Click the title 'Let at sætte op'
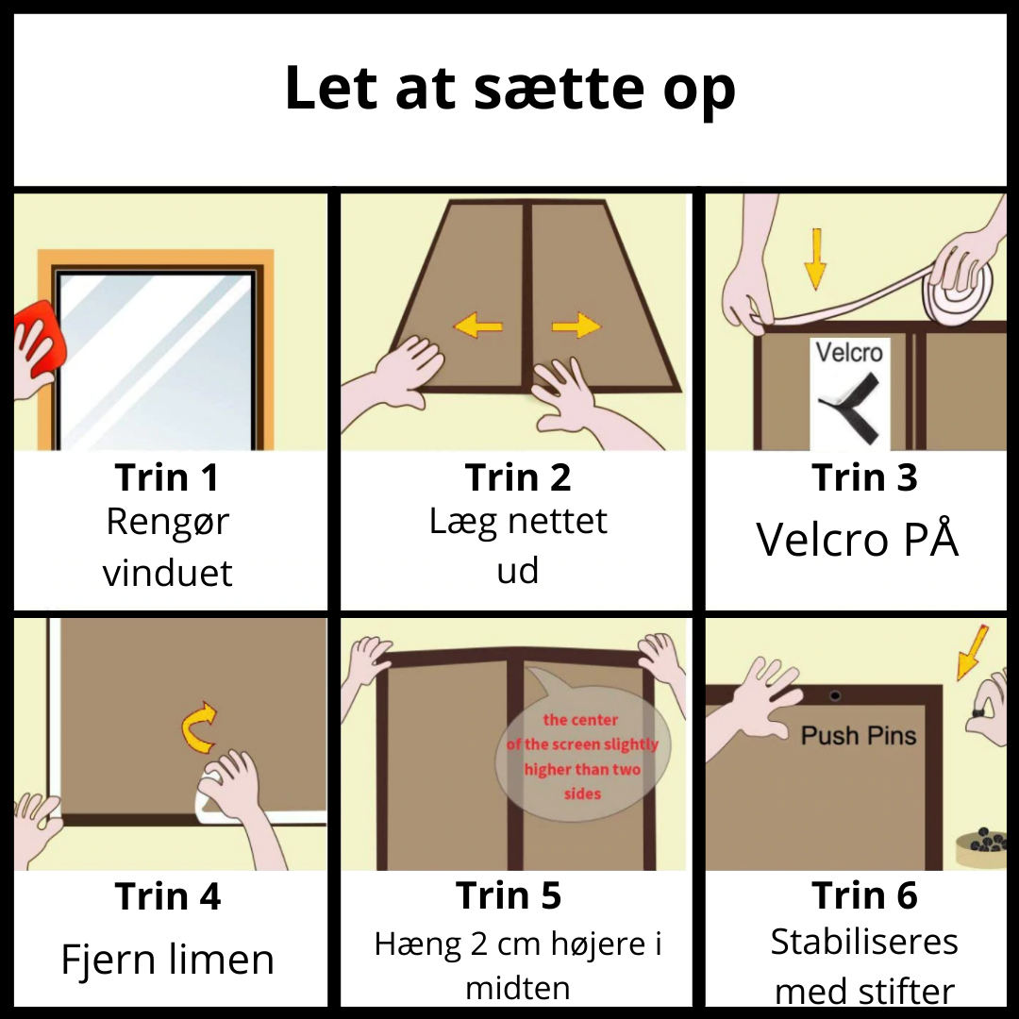point(510,88)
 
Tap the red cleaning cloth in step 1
point(42,337)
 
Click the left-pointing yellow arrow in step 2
point(477,325)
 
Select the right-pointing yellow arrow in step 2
point(576,326)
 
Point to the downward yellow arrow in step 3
point(815,259)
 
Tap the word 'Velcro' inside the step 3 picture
point(849,352)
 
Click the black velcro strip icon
point(849,409)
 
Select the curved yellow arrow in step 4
point(199,727)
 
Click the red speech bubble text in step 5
point(582,757)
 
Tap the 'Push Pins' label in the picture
point(859,736)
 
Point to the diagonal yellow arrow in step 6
point(972,653)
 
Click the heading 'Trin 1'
point(167,477)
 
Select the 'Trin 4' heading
point(168,896)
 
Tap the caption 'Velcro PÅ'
point(857,539)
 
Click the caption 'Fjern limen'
point(168,960)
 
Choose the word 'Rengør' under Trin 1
point(168,522)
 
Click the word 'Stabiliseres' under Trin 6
point(864,942)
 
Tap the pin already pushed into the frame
point(835,696)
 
